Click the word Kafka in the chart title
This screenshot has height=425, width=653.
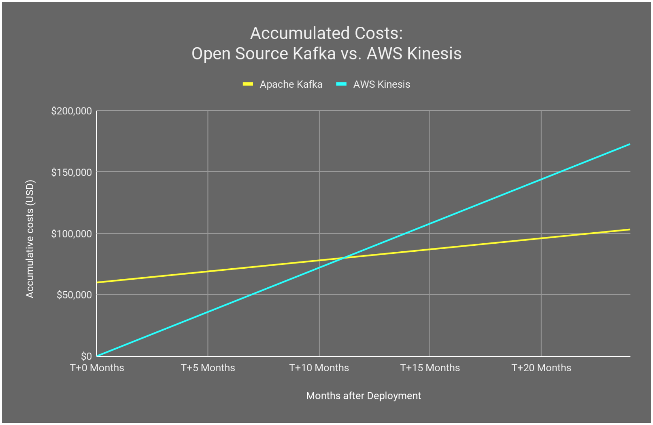tap(314, 54)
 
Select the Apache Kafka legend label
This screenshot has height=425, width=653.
tap(291, 84)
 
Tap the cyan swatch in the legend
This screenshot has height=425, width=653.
tap(341, 84)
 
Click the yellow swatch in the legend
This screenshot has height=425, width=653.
tap(248, 84)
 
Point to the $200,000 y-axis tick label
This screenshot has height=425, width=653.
tap(71, 111)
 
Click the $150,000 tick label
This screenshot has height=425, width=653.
tap(71, 172)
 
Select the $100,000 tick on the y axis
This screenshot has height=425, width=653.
tap(71, 234)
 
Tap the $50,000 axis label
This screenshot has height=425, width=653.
tap(74, 295)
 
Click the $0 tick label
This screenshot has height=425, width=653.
tap(86, 356)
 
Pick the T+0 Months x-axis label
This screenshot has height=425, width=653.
tap(97, 368)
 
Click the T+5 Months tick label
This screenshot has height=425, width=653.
tap(208, 368)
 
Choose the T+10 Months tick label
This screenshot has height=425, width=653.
tap(319, 368)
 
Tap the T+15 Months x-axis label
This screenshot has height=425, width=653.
tap(430, 368)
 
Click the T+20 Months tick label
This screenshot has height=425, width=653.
tap(541, 368)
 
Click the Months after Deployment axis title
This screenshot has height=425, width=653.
tap(363, 396)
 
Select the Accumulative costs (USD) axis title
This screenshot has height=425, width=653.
tap(30, 239)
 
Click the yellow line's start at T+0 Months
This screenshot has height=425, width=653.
tap(97, 282)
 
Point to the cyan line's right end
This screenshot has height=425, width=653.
tap(629, 144)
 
